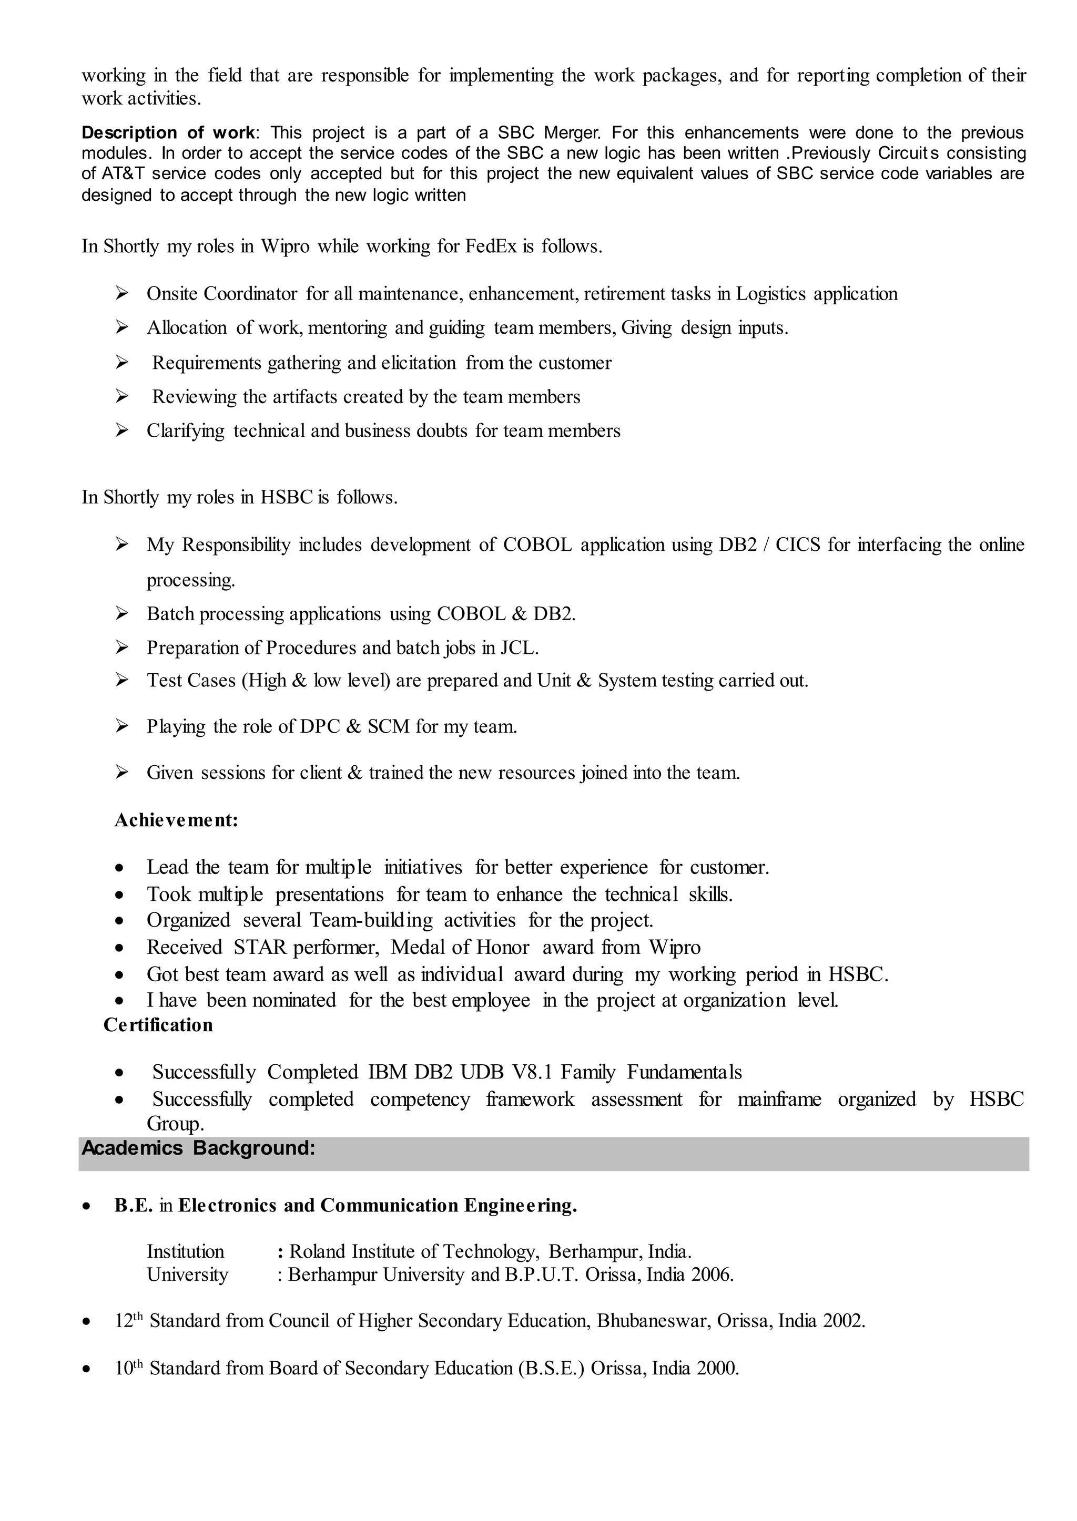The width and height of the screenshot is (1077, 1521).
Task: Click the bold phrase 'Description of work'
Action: click(x=167, y=132)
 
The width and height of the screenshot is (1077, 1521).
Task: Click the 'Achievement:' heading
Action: click(x=176, y=820)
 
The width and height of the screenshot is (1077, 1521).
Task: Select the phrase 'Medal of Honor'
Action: click(x=460, y=947)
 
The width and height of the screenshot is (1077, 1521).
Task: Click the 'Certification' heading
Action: click(x=158, y=1025)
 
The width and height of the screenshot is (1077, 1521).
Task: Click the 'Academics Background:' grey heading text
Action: click(x=198, y=1147)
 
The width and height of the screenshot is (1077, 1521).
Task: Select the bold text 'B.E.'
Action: click(x=133, y=1205)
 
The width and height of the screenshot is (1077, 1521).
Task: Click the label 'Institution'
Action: click(x=185, y=1251)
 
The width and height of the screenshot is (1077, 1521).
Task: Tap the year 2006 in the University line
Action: click(x=713, y=1275)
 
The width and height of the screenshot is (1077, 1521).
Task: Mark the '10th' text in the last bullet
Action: click(x=129, y=1368)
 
